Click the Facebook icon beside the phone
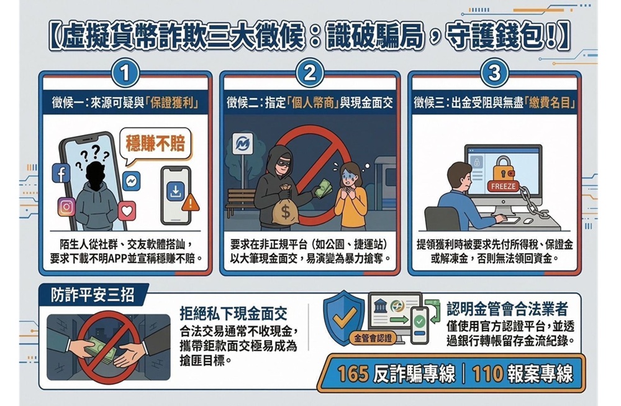[x=60, y=174]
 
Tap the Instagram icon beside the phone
[x=66, y=206]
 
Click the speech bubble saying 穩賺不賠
[x=155, y=145]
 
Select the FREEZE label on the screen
[x=501, y=187]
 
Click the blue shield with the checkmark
[x=343, y=318]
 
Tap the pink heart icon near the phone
[x=127, y=211]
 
